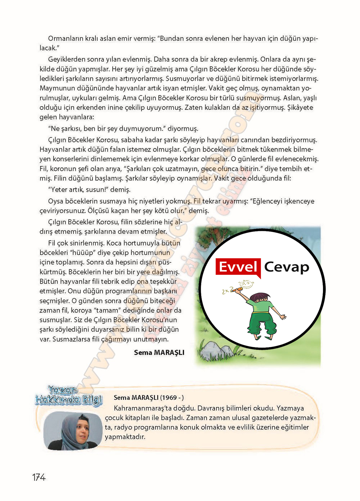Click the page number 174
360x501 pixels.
pyautogui.click(x=39, y=477)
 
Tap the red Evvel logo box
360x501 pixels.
pyautogui.click(x=238, y=268)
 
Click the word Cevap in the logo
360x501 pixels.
pyautogui.click(x=287, y=267)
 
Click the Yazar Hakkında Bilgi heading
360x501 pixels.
pyautogui.click(x=68, y=395)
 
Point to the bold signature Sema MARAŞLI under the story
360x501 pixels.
pyautogui.click(x=159, y=353)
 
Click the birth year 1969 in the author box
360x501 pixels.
pyautogui.click(x=169, y=398)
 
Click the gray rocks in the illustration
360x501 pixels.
pyautogui.click(x=216, y=351)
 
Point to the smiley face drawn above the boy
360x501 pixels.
pyautogui.click(x=246, y=285)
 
